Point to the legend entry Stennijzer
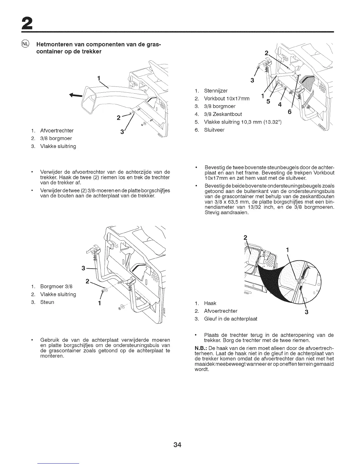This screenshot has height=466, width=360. click(216, 91)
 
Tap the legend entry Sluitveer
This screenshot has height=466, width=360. click(214, 130)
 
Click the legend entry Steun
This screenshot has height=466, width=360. click(47, 302)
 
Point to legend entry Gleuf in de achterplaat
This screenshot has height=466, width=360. click(231, 319)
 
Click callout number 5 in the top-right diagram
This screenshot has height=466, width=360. click(268, 101)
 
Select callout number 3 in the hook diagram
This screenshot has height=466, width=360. click(306, 312)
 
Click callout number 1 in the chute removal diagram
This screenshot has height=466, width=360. click(99, 78)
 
